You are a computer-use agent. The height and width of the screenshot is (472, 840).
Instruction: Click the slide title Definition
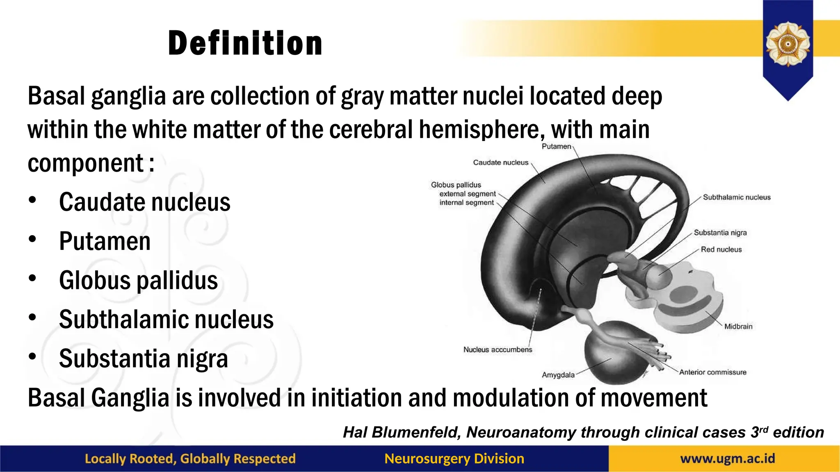pyautogui.click(x=245, y=43)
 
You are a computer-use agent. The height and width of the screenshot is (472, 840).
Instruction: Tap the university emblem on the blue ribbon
pyautogui.click(x=787, y=44)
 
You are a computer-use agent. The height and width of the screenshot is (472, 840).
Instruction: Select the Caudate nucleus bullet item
pyautogui.click(x=144, y=202)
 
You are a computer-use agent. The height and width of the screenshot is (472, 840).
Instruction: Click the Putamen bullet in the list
pyautogui.click(x=105, y=241)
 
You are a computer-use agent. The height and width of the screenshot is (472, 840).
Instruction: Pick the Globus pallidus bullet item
pyautogui.click(x=138, y=280)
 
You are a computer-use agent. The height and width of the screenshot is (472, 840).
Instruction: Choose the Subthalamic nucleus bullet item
pyautogui.click(x=166, y=319)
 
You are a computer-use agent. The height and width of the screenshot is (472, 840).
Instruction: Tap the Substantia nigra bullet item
pyautogui.click(x=143, y=359)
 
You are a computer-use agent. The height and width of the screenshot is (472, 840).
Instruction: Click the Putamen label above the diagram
pyautogui.click(x=556, y=146)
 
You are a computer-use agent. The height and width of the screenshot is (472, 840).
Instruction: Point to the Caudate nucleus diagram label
pyautogui.click(x=500, y=163)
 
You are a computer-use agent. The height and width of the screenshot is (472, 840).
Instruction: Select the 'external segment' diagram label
pyautogui.click(x=468, y=194)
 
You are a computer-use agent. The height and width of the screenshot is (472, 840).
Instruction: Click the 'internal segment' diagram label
pyautogui.click(x=466, y=202)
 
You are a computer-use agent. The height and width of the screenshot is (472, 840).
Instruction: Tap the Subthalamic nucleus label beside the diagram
pyautogui.click(x=737, y=197)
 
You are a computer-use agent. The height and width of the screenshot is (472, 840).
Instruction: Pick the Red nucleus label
pyautogui.click(x=721, y=250)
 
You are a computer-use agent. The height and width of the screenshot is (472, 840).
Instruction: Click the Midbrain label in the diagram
pyautogui.click(x=738, y=327)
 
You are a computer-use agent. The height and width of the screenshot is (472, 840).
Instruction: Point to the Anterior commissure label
pyautogui.click(x=712, y=372)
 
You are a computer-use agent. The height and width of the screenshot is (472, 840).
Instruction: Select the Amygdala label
pyautogui.click(x=558, y=375)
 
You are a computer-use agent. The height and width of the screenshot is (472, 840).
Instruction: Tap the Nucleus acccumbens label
pyautogui.click(x=498, y=349)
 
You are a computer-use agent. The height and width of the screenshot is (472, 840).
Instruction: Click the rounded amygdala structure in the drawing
pyautogui.click(x=611, y=352)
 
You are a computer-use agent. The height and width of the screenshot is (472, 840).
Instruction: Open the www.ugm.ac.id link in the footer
pyautogui.click(x=728, y=458)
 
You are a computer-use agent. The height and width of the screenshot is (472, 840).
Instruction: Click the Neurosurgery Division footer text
pyautogui.click(x=454, y=458)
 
